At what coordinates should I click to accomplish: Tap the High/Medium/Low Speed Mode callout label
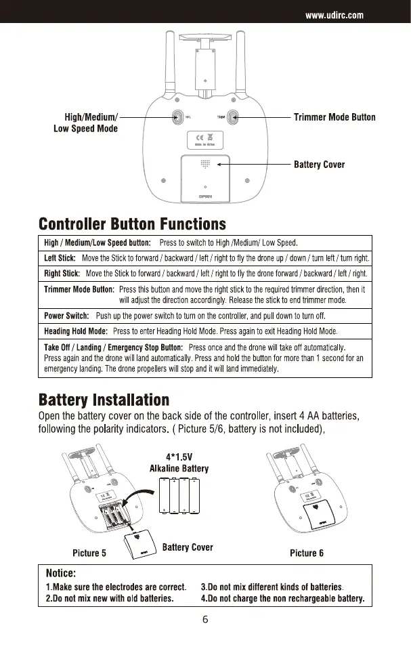tap(85, 123)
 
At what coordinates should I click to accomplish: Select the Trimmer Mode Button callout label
tap(334, 117)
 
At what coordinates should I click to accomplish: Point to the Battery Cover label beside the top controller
tap(319, 165)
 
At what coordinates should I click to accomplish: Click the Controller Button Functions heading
tap(133, 224)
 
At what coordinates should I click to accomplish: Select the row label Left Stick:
tap(59, 258)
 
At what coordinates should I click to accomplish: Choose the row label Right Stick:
tap(62, 274)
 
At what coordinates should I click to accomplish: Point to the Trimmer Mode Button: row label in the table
tap(79, 289)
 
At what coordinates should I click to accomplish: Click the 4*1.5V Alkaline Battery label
tap(179, 463)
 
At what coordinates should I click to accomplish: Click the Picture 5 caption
tap(89, 553)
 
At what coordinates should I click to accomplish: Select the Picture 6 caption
tap(307, 553)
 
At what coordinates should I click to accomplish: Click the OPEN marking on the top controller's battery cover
tap(205, 197)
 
